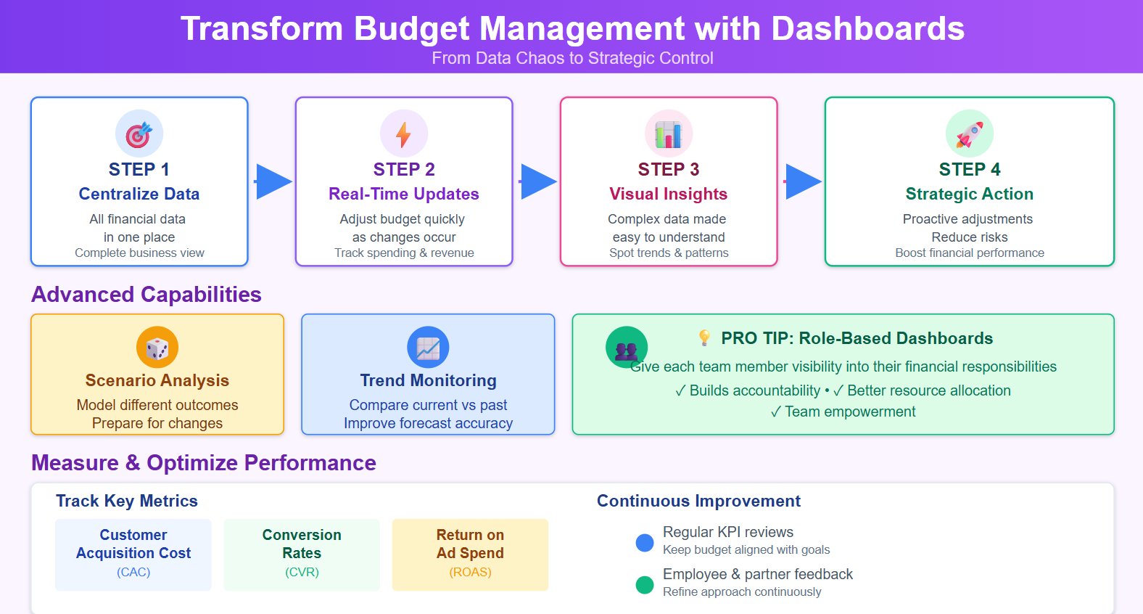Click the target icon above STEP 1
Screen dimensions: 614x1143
click(x=139, y=134)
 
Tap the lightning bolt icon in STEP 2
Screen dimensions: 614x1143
click(x=404, y=134)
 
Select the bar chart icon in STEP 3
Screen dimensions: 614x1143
click(x=669, y=134)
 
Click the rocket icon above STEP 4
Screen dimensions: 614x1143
click(x=970, y=134)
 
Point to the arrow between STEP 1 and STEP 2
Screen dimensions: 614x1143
click(x=273, y=181)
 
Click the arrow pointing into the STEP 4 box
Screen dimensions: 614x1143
click(x=802, y=181)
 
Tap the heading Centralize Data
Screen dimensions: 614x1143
click(x=139, y=194)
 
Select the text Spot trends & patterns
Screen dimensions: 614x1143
click(x=669, y=253)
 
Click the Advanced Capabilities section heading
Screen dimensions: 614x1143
click(x=147, y=294)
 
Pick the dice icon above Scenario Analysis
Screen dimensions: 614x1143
click(x=157, y=348)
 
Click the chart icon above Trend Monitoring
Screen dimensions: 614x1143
click(x=428, y=348)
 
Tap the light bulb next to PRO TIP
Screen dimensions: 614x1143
click(x=704, y=337)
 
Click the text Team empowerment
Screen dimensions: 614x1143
click(x=849, y=412)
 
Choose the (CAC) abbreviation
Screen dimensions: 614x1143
click(x=133, y=572)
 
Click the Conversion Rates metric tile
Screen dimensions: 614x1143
click(x=302, y=554)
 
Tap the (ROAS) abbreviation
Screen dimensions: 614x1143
click(x=470, y=572)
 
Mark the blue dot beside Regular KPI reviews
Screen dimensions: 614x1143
click(x=645, y=543)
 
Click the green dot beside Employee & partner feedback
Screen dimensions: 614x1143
click(x=645, y=585)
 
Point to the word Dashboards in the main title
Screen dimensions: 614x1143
click(x=867, y=29)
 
